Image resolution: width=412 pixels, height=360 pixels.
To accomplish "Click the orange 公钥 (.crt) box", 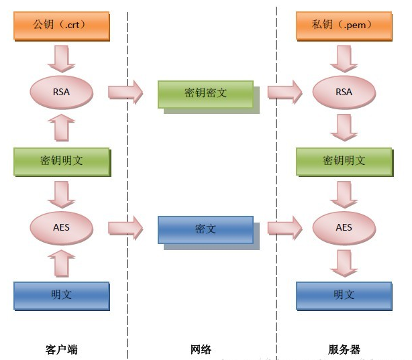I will [x=61, y=25].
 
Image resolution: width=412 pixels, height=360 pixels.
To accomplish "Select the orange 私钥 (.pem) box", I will [x=343, y=25].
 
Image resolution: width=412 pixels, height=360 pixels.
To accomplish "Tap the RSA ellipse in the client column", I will [x=61, y=92].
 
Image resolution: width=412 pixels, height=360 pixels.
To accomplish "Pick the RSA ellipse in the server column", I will [x=343, y=92].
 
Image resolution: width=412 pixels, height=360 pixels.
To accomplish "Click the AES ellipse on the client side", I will [x=61, y=227].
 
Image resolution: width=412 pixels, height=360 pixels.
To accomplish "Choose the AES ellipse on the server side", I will [x=343, y=227].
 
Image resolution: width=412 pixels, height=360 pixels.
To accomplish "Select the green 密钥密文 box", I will [x=205, y=93].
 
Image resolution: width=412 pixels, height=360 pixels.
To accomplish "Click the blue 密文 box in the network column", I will [x=205, y=229].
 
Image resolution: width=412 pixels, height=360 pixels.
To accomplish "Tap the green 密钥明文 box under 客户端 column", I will [x=61, y=160].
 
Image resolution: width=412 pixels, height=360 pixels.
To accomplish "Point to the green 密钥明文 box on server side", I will [x=343, y=160].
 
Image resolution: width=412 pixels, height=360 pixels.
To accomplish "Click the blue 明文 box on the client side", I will [x=61, y=294].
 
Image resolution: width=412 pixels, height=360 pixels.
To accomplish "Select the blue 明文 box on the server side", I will [x=343, y=294].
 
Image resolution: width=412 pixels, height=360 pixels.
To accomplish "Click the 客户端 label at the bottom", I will [x=61, y=349].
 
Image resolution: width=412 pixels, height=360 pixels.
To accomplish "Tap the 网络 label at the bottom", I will [x=201, y=349].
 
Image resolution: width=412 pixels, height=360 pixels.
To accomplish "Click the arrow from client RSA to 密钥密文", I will [x=125, y=92].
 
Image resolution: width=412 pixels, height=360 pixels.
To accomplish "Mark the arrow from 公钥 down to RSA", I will [x=61, y=58].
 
